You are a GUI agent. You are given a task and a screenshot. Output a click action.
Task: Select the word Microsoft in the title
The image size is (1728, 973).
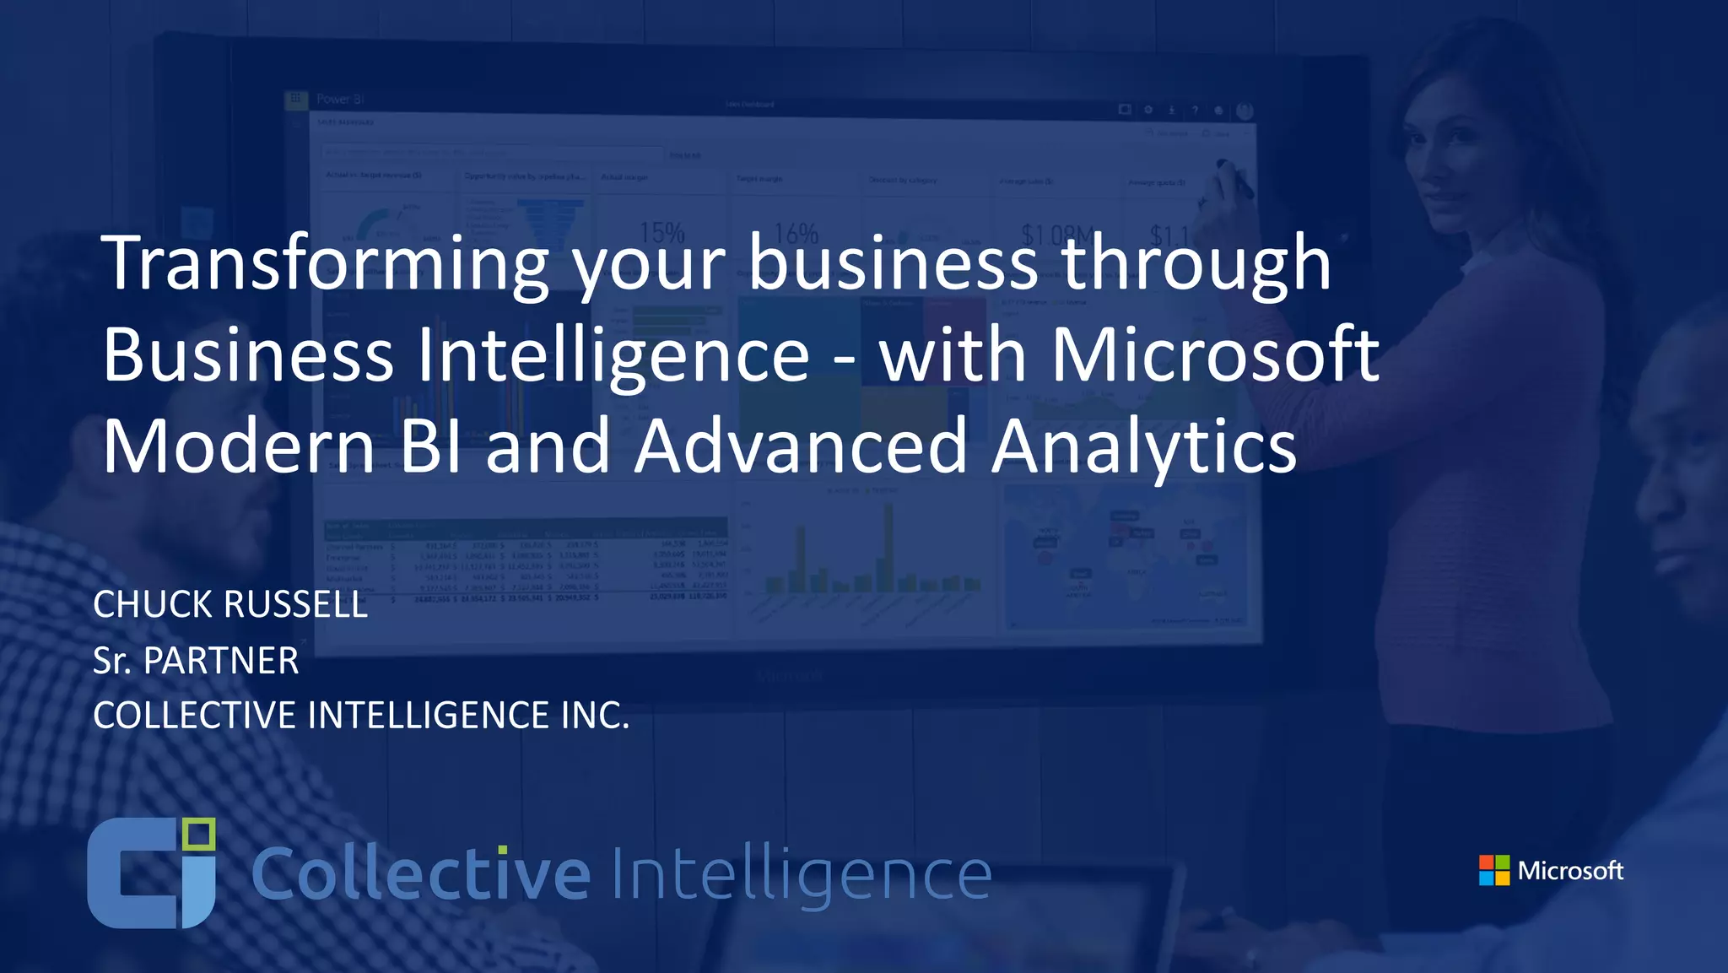(1214, 354)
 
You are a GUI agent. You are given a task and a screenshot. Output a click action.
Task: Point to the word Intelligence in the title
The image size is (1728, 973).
(613, 354)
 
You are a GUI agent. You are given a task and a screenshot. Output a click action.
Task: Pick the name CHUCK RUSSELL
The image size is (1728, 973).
(230, 604)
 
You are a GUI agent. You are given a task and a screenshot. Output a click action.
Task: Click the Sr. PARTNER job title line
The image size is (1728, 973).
(196, 660)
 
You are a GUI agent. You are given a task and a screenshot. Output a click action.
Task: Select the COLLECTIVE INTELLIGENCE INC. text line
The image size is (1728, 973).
(361, 715)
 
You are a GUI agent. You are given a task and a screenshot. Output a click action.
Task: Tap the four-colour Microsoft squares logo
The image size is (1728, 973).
(1493, 870)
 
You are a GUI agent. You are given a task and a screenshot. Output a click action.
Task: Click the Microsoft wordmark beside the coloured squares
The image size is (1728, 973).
(1570, 870)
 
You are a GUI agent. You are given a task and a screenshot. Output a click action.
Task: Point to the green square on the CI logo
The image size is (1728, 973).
(199, 835)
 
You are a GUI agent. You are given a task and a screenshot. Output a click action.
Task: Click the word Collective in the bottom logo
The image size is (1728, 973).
(420, 874)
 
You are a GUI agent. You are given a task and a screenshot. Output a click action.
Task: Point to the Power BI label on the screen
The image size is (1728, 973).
(340, 100)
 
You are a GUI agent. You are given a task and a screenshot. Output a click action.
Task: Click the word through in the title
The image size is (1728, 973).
(1196, 263)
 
